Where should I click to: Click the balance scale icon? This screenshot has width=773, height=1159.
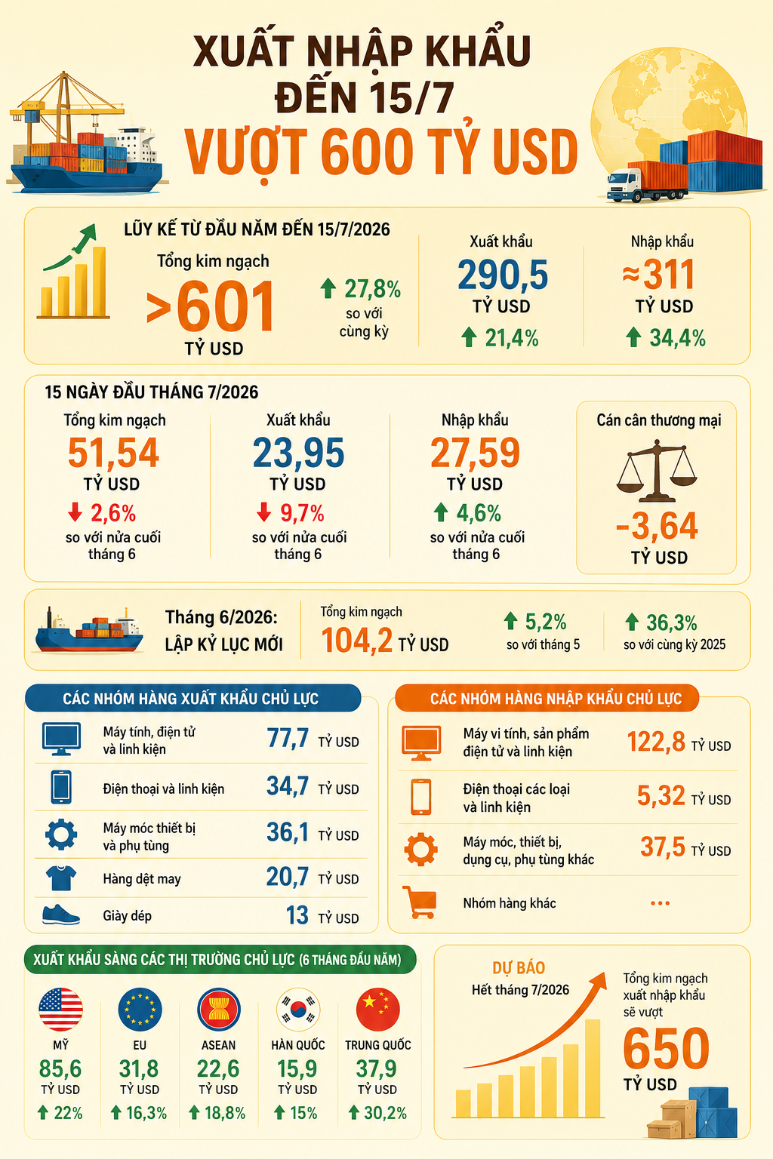coord(657,470)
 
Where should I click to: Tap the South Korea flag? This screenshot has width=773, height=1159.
coord(298,1009)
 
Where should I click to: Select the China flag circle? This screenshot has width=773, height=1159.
coord(378,1009)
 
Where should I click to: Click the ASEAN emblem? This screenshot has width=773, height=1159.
coord(218,1009)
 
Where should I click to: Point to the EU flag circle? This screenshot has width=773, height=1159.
coord(140,1009)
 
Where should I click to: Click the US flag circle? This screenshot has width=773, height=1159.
coord(60,1009)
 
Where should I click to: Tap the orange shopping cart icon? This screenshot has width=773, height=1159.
coord(420,902)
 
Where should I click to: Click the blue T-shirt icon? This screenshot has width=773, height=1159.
coord(61,878)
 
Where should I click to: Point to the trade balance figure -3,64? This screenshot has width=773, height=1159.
coord(657,526)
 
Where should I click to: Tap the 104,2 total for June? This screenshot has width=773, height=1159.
coord(357,641)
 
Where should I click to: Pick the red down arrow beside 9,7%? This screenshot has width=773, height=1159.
coord(264,512)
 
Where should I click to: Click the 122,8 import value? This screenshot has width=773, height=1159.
coord(656,742)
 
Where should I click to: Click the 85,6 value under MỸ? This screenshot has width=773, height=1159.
coord(60,1068)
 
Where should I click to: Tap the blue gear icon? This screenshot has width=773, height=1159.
coord(61,834)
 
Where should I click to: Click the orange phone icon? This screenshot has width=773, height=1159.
coord(420,797)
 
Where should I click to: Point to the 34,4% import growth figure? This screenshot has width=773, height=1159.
coord(677,338)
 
